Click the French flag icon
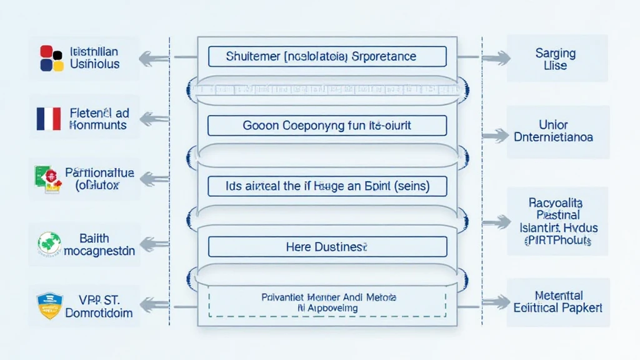point(49,118)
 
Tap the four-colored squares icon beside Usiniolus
point(51,57)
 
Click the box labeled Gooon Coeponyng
point(327,125)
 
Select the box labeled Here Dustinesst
point(327,247)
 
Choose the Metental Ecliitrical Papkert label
point(557,301)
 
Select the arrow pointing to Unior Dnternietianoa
point(496,134)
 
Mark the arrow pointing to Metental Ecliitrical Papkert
point(496,303)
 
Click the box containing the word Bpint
point(327,186)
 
